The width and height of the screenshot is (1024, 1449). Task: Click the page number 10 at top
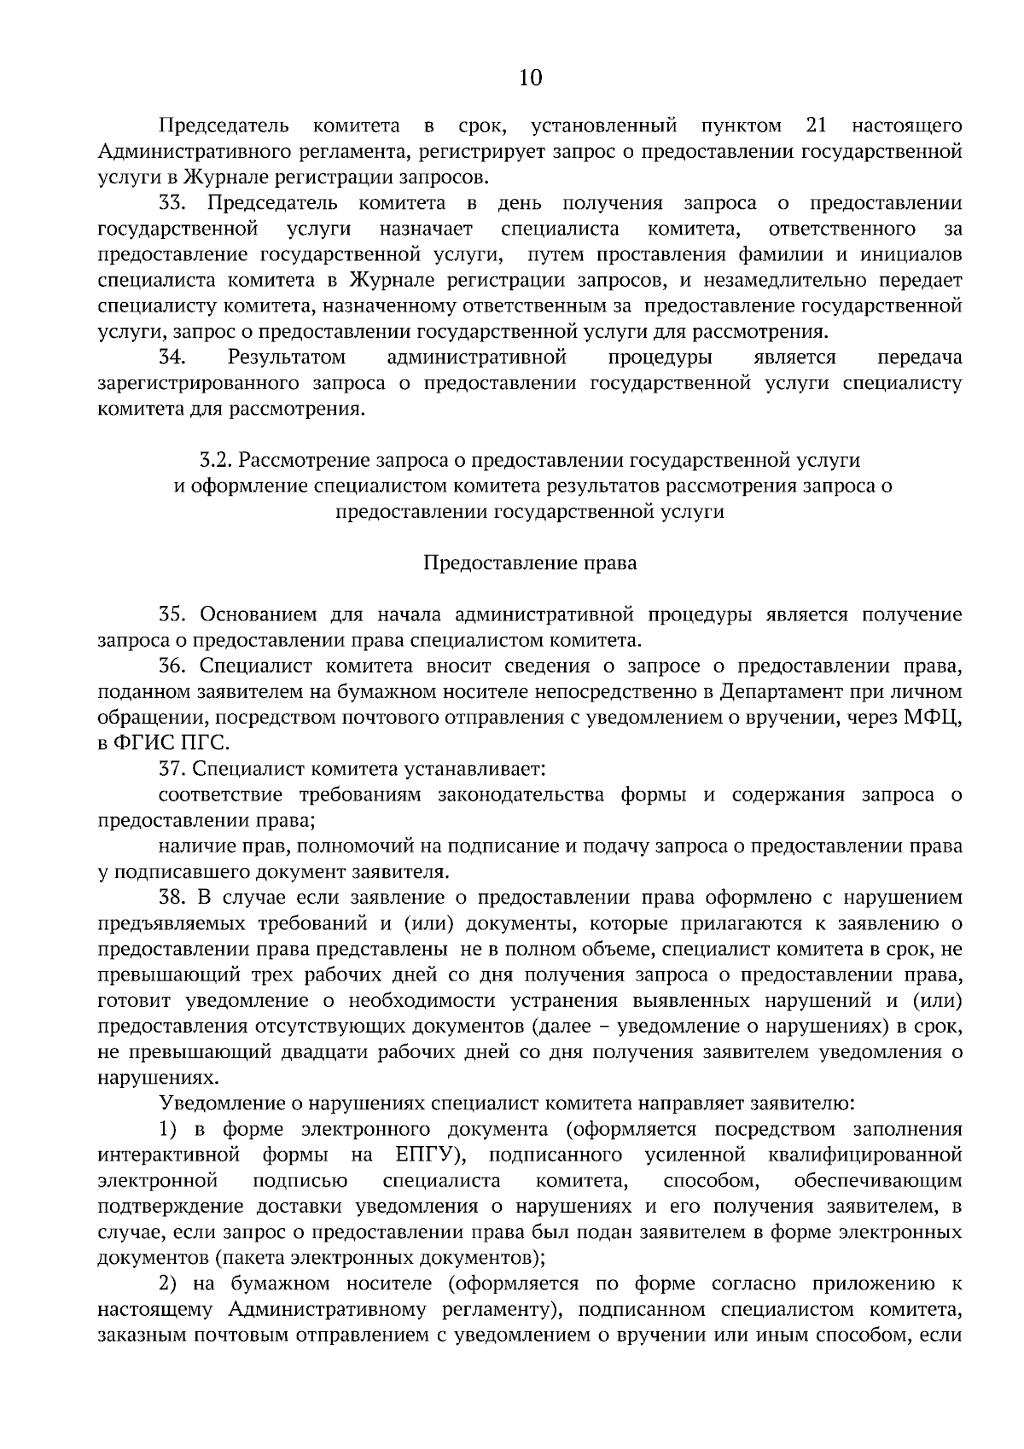(530, 79)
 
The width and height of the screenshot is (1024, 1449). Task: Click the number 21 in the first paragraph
(816, 126)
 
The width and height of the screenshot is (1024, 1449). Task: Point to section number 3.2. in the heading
(216, 460)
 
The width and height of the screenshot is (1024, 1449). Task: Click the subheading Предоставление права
(530, 563)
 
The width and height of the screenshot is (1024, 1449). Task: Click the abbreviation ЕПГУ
(428, 1155)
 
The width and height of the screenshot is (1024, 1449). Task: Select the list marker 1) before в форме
(169, 1129)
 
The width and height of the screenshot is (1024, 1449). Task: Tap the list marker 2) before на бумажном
(169, 1283)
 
